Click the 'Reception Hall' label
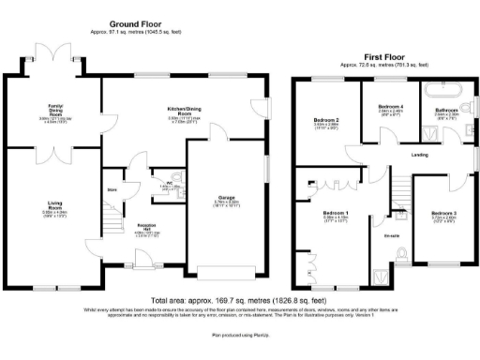[x=146, y=228]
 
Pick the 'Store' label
[x=112, y=189]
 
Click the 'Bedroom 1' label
[x=336, y=215]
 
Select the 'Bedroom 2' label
[x=324, y=120]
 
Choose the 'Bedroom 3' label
[x=443, y=214]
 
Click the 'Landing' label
[x=420, y=155]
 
